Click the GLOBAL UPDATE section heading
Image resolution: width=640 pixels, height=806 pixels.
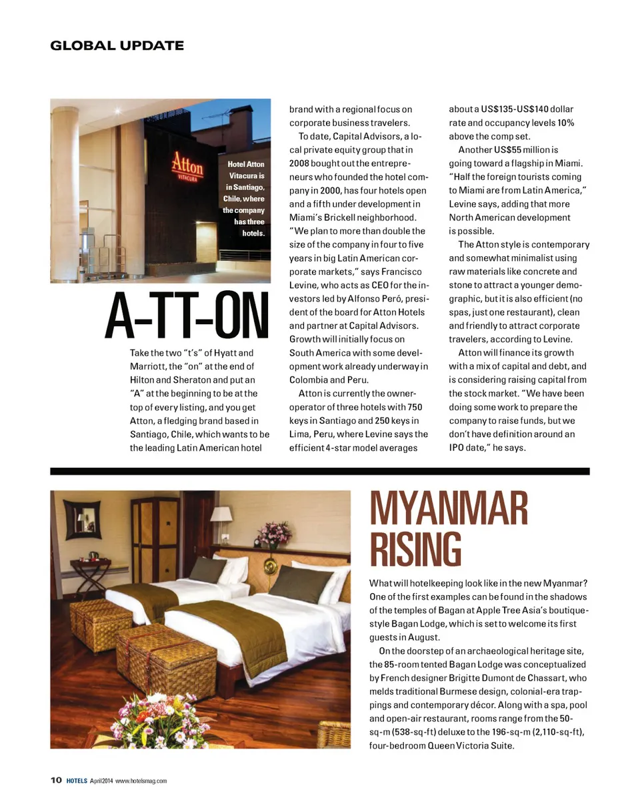point(117,45)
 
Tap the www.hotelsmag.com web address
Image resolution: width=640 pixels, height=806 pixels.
point(141,781)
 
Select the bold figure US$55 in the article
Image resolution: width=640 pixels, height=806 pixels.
point(512,150)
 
